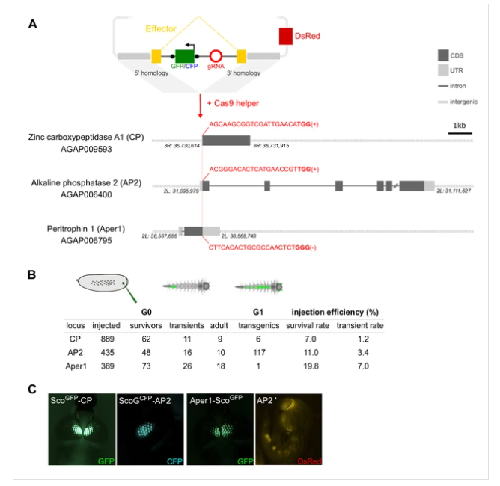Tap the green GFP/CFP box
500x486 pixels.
pyautogui.click(x=184, y=56)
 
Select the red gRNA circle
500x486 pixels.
pyautogui.click(x=216, y=57)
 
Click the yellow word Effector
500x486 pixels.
pyautogui.click(x=161, y=29)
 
